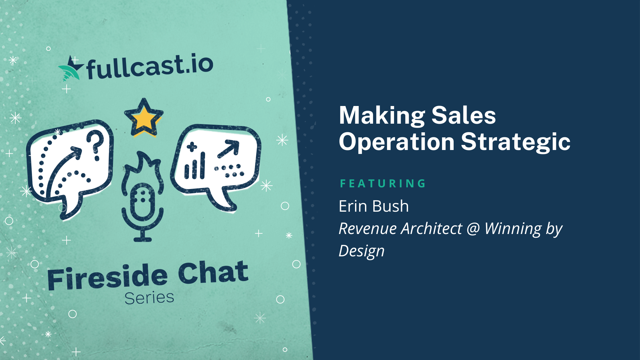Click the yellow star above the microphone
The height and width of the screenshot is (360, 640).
[x=144, y=118]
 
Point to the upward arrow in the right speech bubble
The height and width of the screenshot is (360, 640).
[x=228, y=149]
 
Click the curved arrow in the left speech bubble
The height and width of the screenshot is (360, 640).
[x=63, y=170]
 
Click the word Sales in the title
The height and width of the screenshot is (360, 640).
[x=464, y=115]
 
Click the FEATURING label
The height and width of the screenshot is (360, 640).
[x=383, y=183]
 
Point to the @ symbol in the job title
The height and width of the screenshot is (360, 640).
[x=473, y=229]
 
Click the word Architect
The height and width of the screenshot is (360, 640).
[x=432, y=228]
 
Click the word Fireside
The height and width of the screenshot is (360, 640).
[x=107, y=277]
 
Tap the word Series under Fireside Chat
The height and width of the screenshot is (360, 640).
[x=149, y=298]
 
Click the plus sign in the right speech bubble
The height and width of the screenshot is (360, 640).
[x=192, y=147]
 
